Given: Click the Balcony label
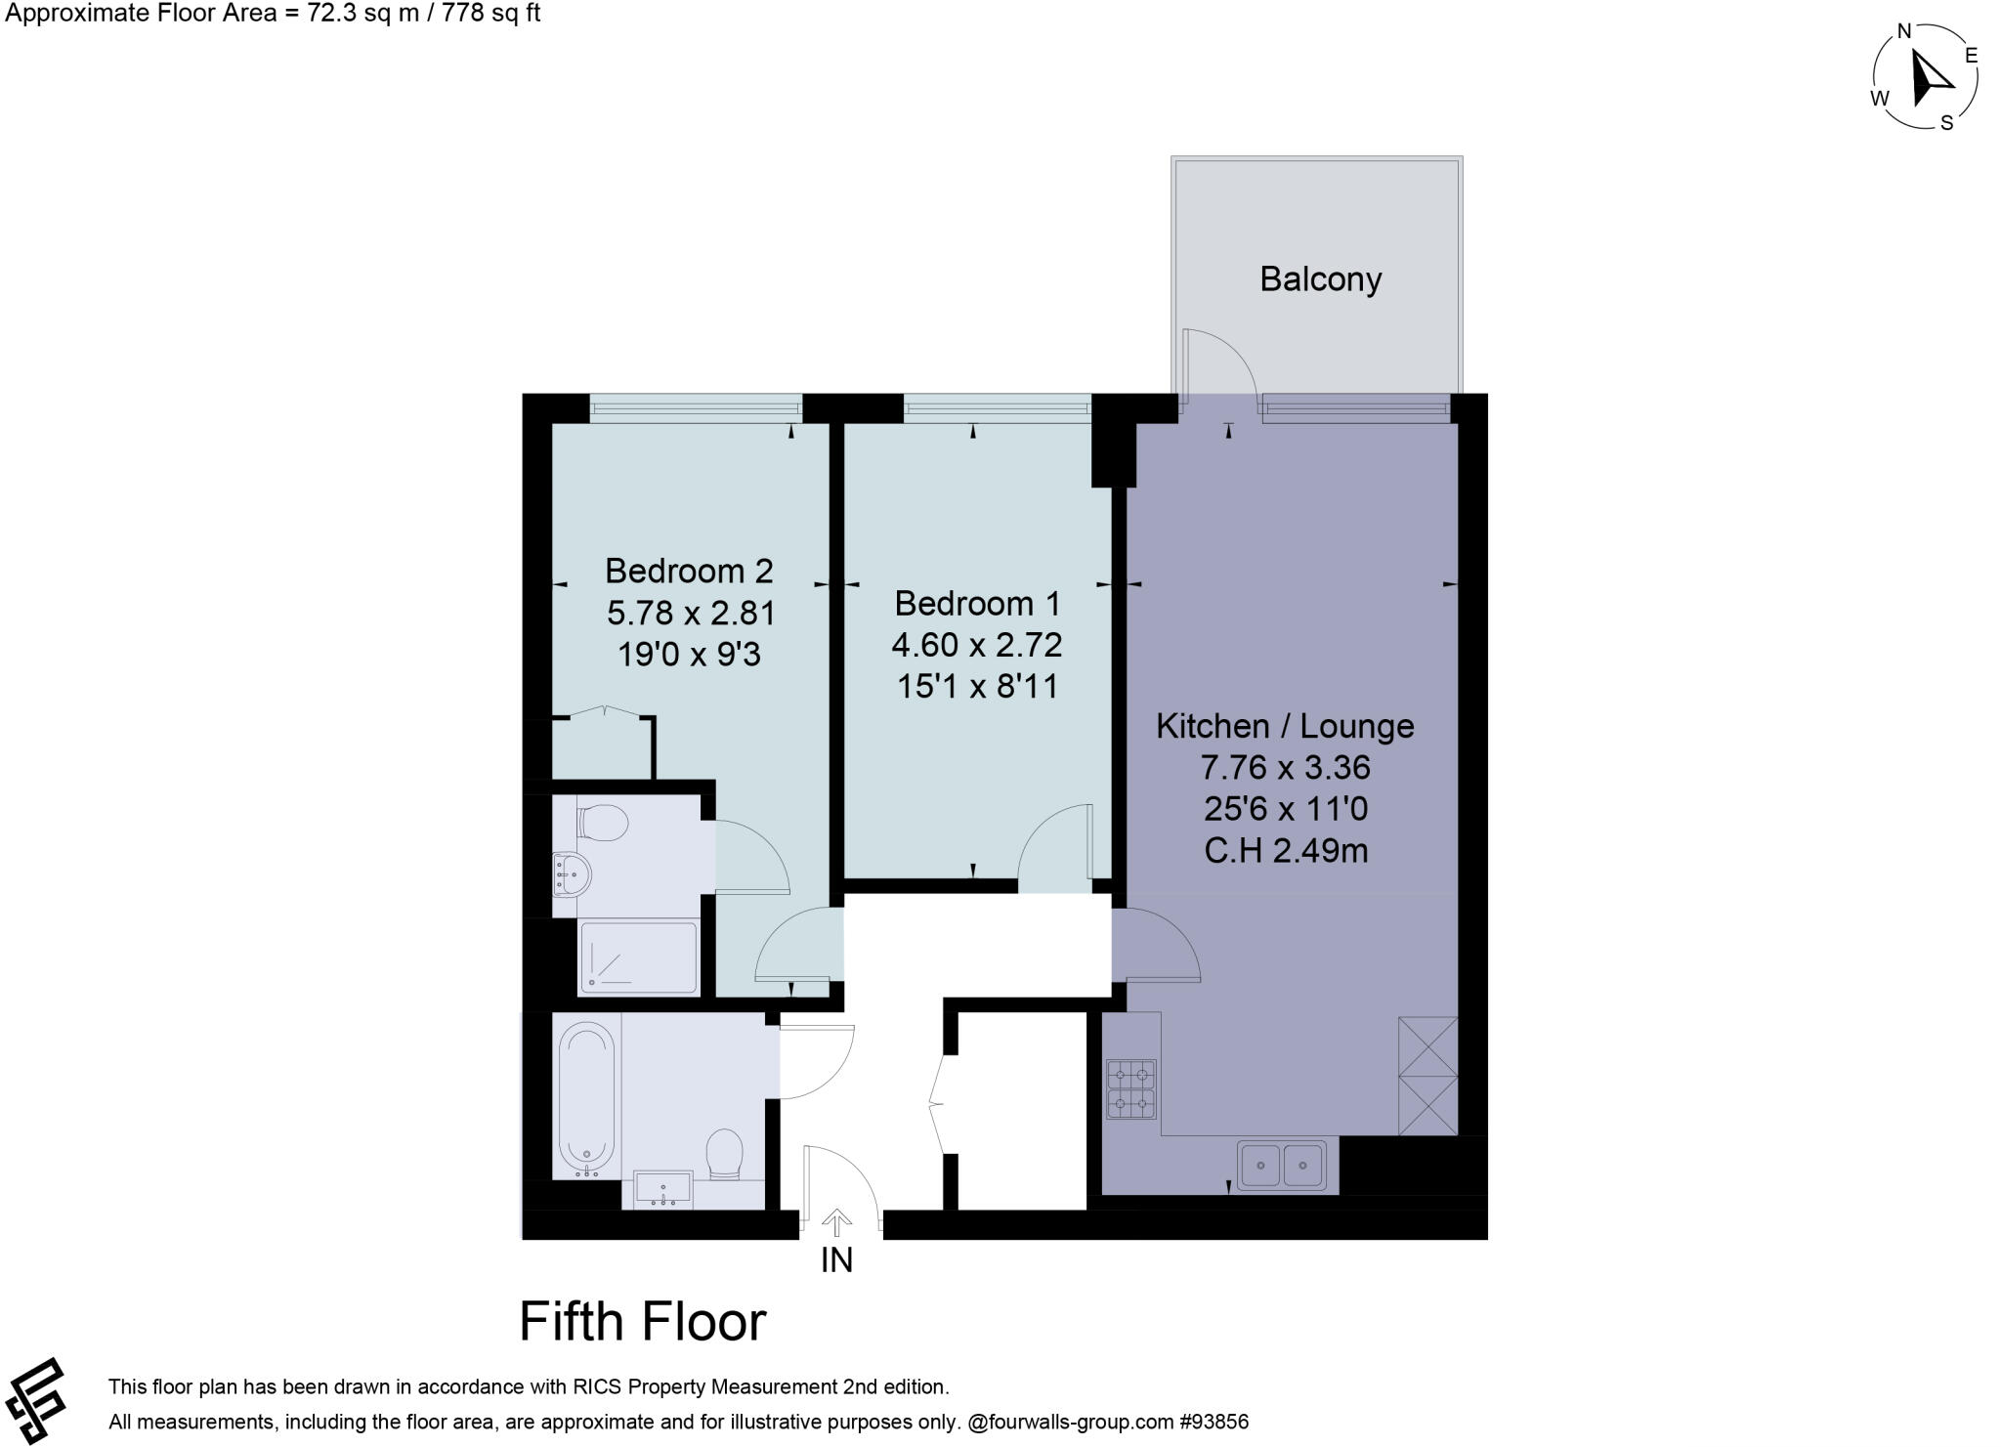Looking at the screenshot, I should coord(1320,279).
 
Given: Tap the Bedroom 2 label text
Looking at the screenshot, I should coord(689,570).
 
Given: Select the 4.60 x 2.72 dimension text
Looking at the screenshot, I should coord(976,645).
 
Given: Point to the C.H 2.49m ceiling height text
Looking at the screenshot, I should coord(1285,851).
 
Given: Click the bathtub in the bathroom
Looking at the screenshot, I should coord(586,1098).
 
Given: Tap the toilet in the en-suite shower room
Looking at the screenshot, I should coord(602,823).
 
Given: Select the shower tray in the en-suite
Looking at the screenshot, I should coord(639,958).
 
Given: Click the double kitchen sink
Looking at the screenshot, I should coord(1281,1165).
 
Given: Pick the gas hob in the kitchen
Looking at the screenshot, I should coord(1130,1089).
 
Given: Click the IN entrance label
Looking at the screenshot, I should coord(836,1260).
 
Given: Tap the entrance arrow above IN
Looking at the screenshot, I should coord(836,1222).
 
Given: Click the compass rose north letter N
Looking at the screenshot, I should coord(1903,31).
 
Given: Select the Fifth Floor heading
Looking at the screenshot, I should coord(642,1322).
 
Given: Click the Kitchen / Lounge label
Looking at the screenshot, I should coord(1285,726).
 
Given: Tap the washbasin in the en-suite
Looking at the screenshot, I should coord(571,872).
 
